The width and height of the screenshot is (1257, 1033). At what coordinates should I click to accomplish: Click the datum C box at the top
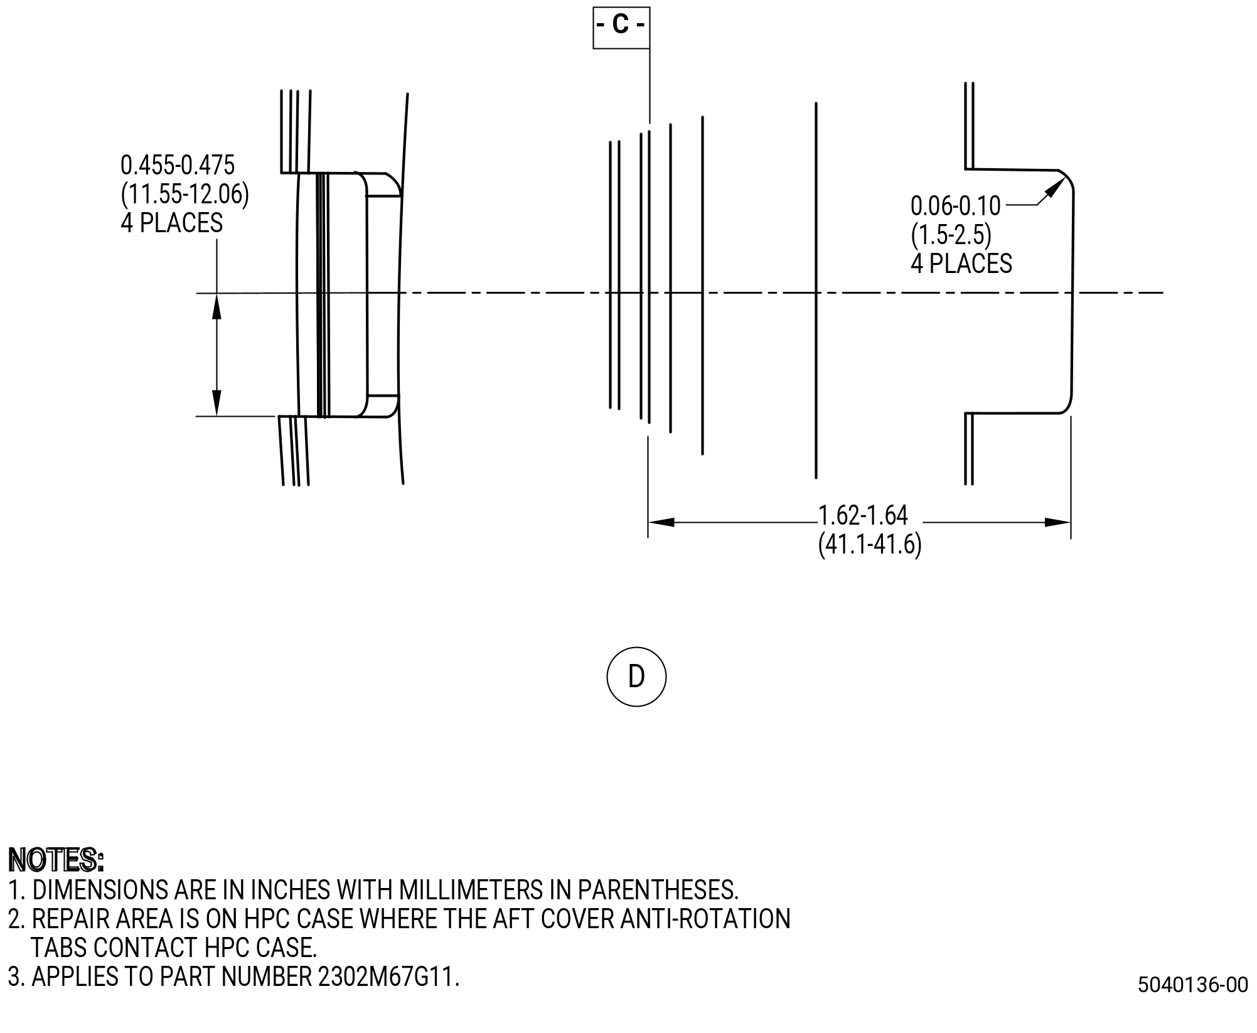pyautogui.click(x=621, y=28)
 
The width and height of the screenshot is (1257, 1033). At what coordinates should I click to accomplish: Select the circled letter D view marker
pyautogui.click(x=636, y=677)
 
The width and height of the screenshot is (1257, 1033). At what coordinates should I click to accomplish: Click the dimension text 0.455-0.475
pyautogui.click(x=178, y=166)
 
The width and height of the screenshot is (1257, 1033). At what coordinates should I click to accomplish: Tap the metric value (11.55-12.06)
pyautogui.click(x=185, y=195)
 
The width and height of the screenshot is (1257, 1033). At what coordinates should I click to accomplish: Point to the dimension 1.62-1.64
pyautogui.click(x=864, y=515)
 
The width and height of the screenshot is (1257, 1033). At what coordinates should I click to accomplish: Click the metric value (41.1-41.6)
pyautogui.click(x=870, y=544)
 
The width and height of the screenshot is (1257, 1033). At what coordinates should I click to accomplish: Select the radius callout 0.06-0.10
pyautogui.click(x=956, y=205)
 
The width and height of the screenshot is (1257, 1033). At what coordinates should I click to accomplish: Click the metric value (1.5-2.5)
pyautogui.click(x=951, y=235)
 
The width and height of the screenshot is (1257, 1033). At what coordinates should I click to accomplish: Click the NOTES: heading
pyautogui.click(x=56, y=860)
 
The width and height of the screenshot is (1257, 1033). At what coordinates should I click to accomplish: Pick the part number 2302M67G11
pyautogui.click(x=388, y=977)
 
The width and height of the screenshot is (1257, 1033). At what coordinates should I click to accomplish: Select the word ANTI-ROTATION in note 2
pyautogui.click(x=705, y=919)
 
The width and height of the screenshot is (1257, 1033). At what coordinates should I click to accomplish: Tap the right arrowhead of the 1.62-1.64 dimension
pyautogui.click(x=1057, y=522)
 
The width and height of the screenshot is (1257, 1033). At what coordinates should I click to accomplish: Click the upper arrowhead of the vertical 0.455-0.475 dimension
pyautogui.click(x=217, y=307)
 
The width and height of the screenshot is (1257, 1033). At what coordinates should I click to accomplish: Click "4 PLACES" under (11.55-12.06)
pyautogui.click(x=172, y=223)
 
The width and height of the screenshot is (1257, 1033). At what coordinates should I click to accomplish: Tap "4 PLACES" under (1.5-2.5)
pyautogui.click(x=961, y=264)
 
